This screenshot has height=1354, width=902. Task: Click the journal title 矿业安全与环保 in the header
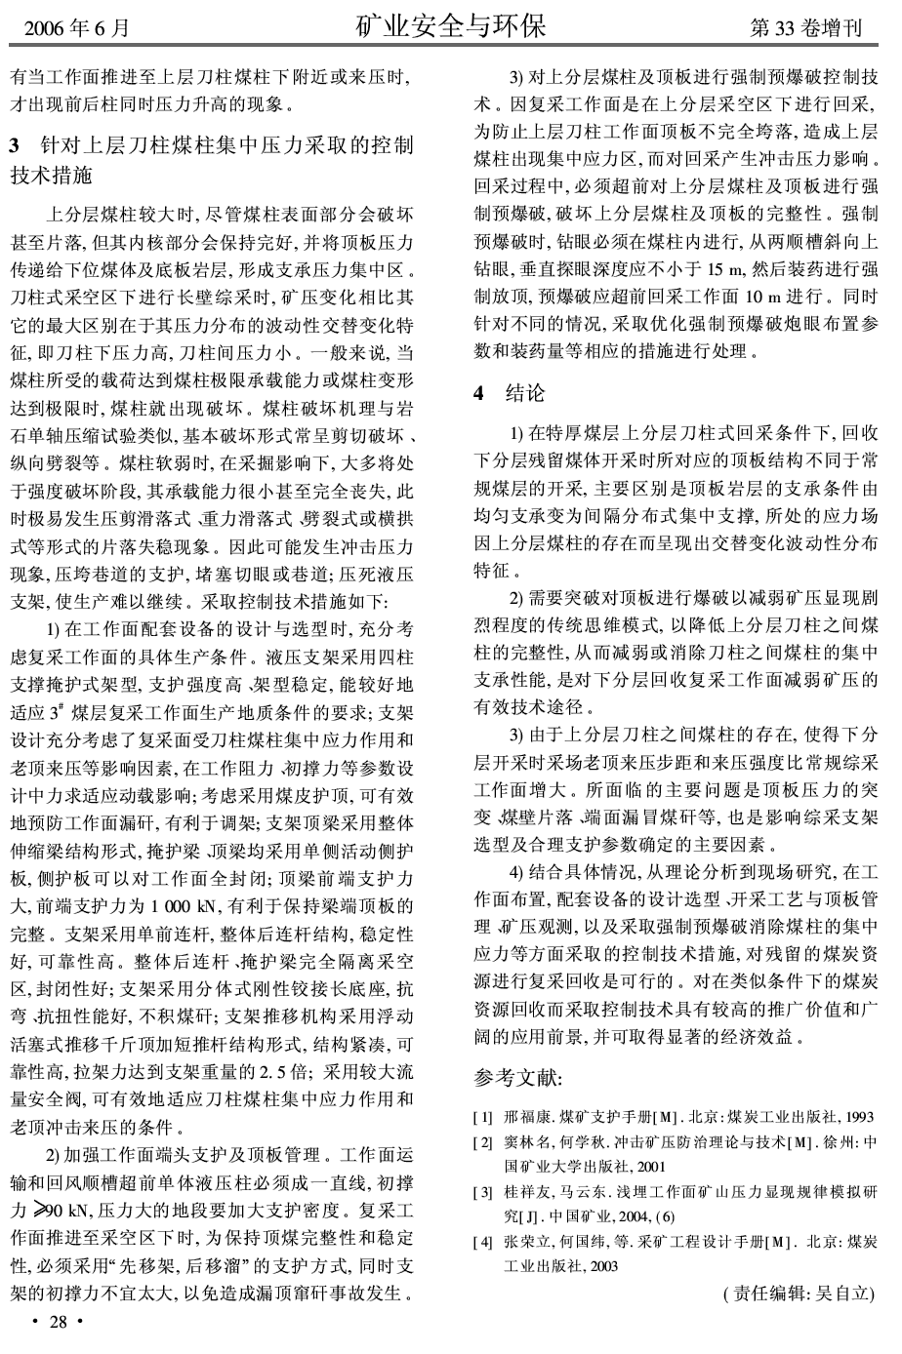[x=450, y=24]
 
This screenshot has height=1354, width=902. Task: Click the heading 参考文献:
[x=517, y=1078]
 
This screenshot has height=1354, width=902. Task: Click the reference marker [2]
[x=482, y=1142]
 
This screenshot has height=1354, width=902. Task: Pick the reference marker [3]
[x=482, y=1192]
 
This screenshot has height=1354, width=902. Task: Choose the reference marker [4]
[x=482, y=1242]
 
